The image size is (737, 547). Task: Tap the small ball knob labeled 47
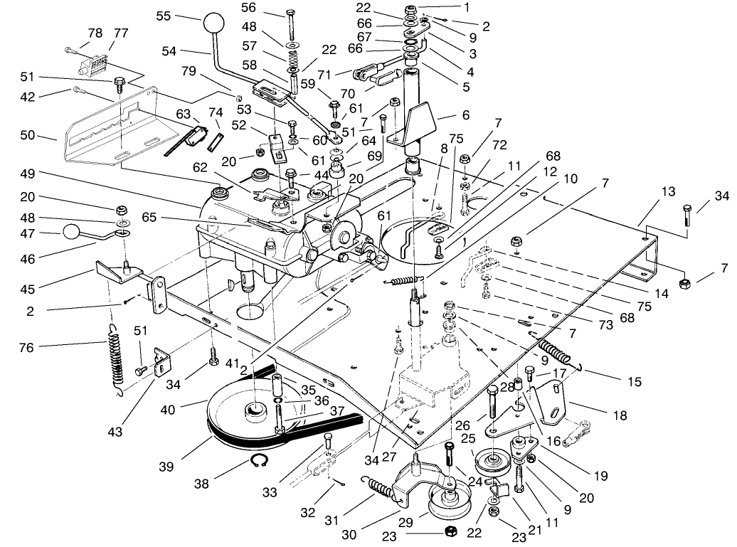click(x=72, y=232)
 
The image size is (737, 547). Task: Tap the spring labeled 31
click(x=385, y=489)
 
